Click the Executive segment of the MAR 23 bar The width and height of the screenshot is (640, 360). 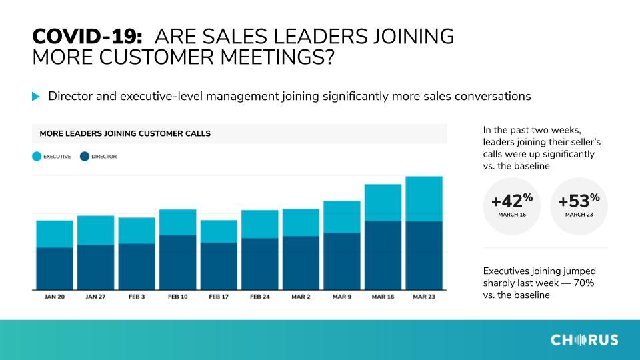click(x=424, y=199)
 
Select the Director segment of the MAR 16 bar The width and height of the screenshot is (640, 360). click(x=383, y=255)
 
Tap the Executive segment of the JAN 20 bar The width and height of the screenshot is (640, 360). click(x=55, y=234)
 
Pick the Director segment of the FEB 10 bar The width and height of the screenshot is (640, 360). click(x=177, y=263)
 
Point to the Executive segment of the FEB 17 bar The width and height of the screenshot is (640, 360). click(x=219, y=231)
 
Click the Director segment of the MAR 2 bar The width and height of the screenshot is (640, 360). click(x=301, y=263)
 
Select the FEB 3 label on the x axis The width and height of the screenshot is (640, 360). click(x=137, y=297)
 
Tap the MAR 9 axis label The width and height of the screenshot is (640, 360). click(x=342, y=297)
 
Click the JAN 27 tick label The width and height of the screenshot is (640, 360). click(x=95, y=297)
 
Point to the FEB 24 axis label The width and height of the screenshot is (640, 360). click(x=260, y=297)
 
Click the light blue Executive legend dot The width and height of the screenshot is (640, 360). click(x=37, y=156)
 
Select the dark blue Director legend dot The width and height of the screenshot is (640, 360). click(x=85, y=156)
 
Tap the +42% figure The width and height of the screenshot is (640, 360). click(x=512, y=201)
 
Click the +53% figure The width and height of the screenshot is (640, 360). click(x=579, y=201)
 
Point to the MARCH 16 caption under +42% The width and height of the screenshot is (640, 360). click(x=512, y=215)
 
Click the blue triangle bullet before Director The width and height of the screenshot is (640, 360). click(x=35, y=97)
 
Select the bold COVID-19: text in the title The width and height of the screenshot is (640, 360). click(x=87, y=36)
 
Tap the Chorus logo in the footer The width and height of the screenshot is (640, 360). click(x=584, y=340)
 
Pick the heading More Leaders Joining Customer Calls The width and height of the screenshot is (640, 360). click(x=125, y=133)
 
